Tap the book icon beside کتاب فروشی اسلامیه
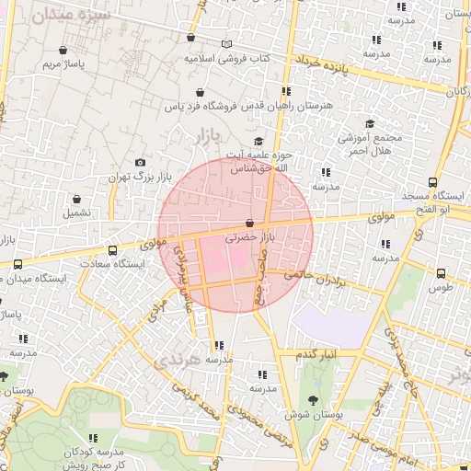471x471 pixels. (227, 44)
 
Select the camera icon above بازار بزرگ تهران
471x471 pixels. (140, 162)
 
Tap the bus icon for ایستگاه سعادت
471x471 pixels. (112, 250)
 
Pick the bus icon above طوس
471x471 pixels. (441, 273)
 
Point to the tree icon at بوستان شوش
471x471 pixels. (314, 400)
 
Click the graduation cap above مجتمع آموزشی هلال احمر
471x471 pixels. (370, 124)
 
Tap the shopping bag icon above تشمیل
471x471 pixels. (76, 198)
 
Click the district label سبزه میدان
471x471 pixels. (70, 16)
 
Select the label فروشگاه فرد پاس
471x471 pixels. (193, 107)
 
